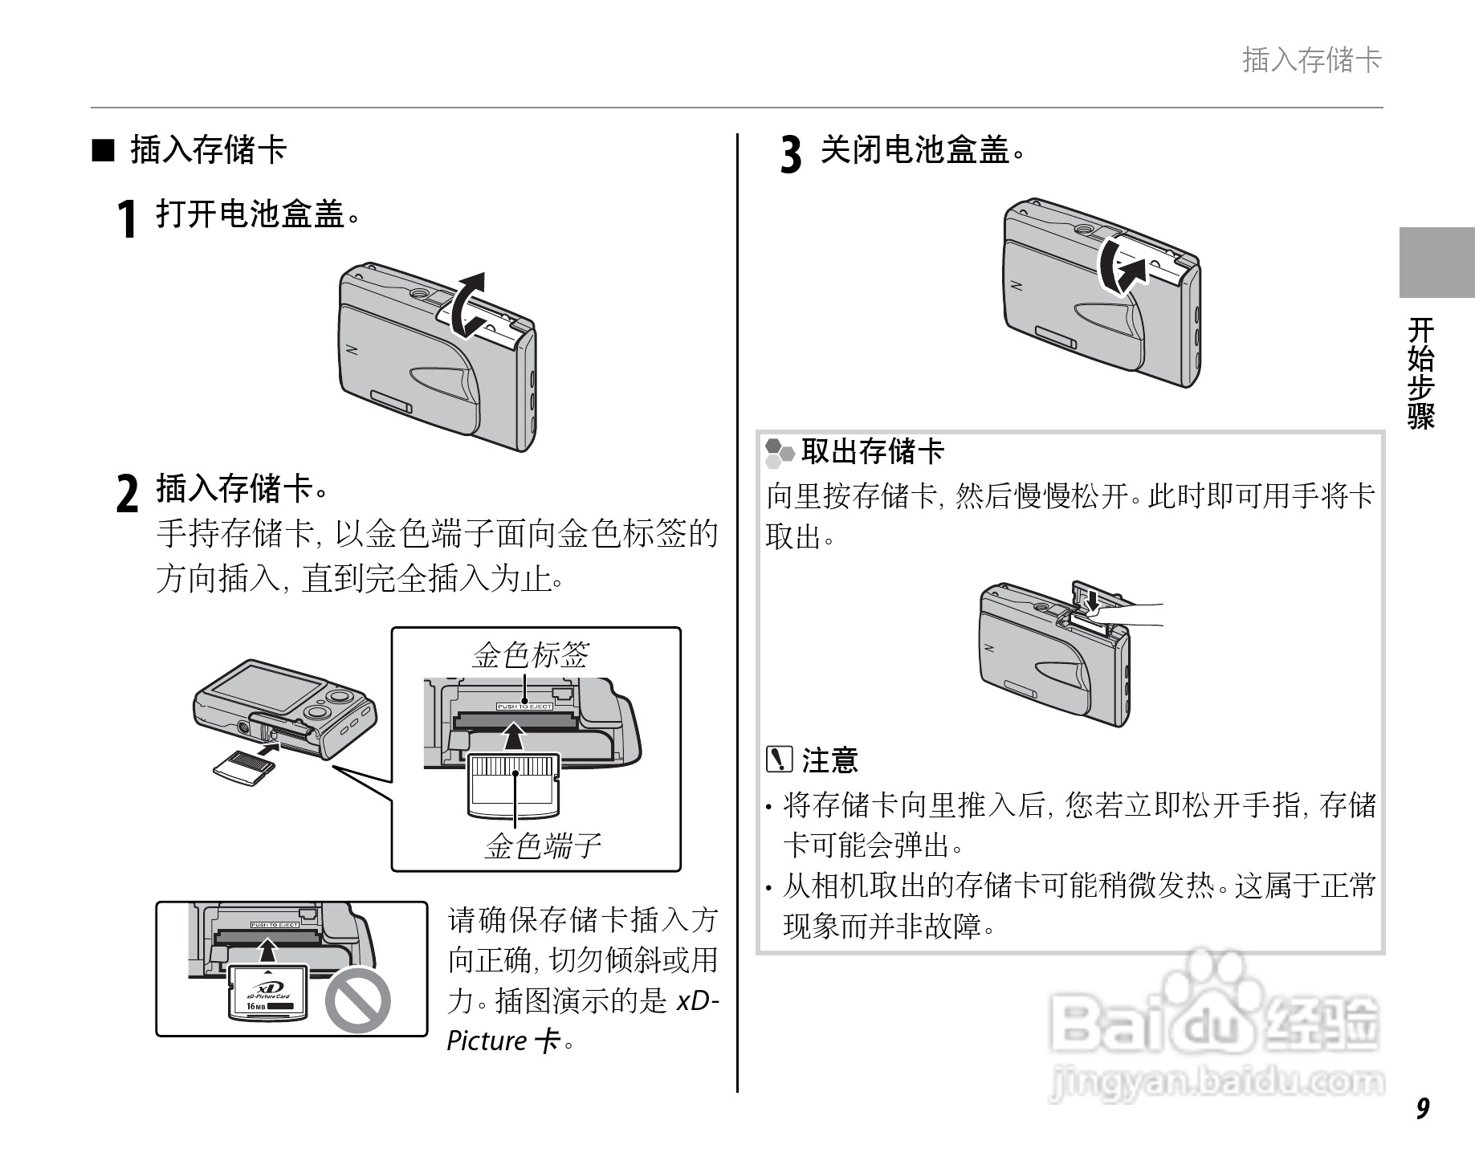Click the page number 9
click(x=1422, y=1109)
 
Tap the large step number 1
click(x=126, y=219)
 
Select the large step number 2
click(x=127, y=493)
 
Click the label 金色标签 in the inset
click(x=530, y=655)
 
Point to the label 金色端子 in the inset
click(x=542, y=845)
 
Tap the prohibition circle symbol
click(x=358, y=1000)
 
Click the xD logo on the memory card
click(x=264, y=988)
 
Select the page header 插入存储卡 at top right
click(x=1311, y=60)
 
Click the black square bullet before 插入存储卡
click(x=103, y=150)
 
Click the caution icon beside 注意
click(x=779, y=759)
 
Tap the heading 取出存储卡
click(x=872, y=451)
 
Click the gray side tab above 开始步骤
click(x=1436, y=263)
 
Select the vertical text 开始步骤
click(x=1421, y=373)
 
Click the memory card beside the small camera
click(x=243, y=767)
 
